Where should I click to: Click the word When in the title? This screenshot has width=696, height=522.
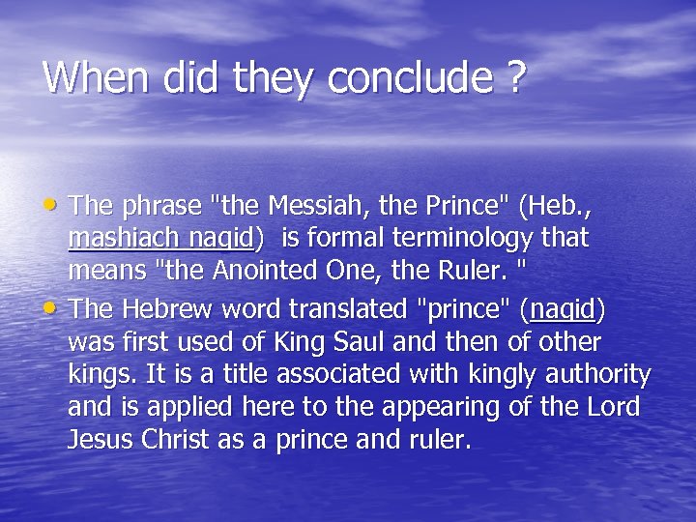point(85,77)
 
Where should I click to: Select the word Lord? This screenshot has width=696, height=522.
point(613,407)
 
